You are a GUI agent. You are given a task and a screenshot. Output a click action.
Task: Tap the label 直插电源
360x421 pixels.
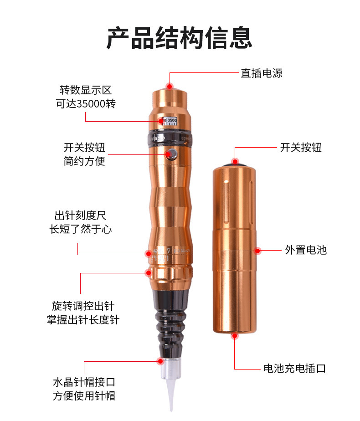(261, 73)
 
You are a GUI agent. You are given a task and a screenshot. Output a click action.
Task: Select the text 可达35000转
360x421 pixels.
(86, 103)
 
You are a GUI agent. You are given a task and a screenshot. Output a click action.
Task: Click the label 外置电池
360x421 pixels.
(306, 250)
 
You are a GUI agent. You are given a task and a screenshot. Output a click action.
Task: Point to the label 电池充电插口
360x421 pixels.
(295, 368)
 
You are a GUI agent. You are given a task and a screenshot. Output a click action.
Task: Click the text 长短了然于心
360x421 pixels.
(81, 229)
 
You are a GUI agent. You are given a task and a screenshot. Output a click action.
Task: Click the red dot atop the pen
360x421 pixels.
(170, 86)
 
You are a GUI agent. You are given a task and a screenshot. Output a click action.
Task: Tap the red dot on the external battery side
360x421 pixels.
(257, 250)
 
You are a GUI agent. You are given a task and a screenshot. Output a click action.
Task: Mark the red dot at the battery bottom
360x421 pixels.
(235, 336)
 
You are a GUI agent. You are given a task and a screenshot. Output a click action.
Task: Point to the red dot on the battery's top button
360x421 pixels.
(235, 161)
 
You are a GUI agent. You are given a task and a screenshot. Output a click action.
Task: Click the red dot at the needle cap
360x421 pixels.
(160, 361)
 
